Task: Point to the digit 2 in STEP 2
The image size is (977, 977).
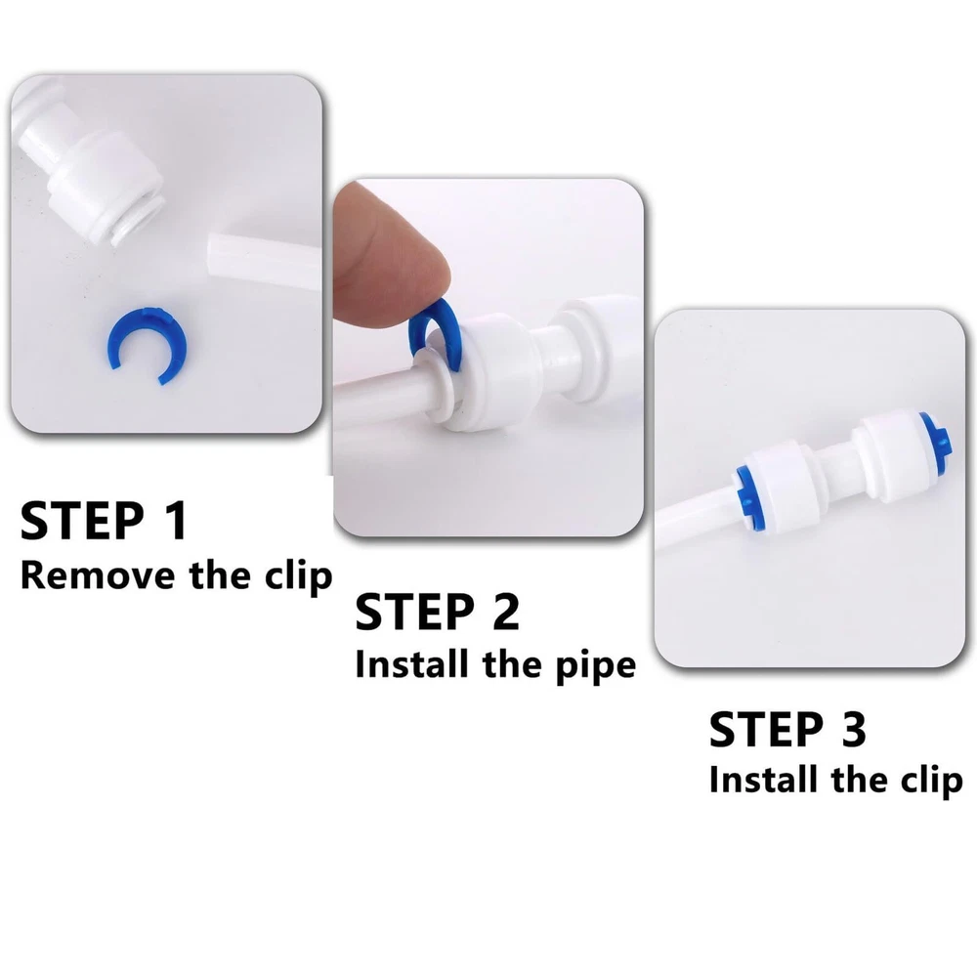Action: [505, 612]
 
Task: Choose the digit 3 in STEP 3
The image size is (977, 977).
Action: [853, 729]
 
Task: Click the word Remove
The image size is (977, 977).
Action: [98, 575]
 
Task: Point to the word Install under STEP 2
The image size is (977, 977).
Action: [411, 663]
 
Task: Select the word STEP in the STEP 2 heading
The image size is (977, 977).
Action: [413, 612]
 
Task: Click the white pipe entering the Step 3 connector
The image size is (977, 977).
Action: [693, 517]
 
